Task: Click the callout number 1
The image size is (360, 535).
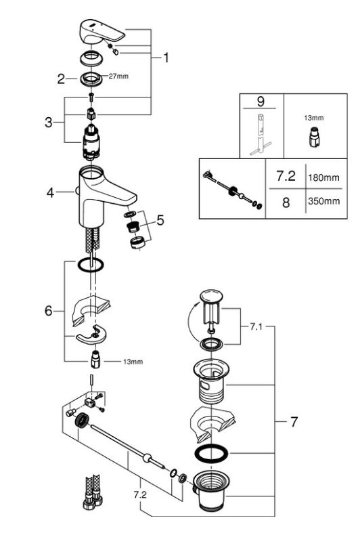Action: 166,58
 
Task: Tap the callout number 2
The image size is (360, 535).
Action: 61,79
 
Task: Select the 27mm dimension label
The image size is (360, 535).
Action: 118,77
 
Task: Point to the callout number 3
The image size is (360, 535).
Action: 49,122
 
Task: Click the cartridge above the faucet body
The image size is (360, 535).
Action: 91,142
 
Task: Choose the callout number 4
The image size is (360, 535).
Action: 51,193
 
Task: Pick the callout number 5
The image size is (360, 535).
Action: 160,220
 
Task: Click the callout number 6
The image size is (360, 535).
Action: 49,311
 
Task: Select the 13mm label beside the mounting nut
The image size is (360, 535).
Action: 133,362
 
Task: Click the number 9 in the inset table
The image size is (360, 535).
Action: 261,102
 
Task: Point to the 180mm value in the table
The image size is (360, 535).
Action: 324,177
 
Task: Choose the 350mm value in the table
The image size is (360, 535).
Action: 324,201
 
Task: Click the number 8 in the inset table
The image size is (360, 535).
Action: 286,202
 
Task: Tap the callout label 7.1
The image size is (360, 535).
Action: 256,327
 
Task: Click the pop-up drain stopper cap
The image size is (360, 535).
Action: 211,296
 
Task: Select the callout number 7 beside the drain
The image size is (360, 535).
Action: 294,422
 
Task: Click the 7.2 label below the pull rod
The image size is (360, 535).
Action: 140,495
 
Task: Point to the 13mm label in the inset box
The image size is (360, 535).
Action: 314,118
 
